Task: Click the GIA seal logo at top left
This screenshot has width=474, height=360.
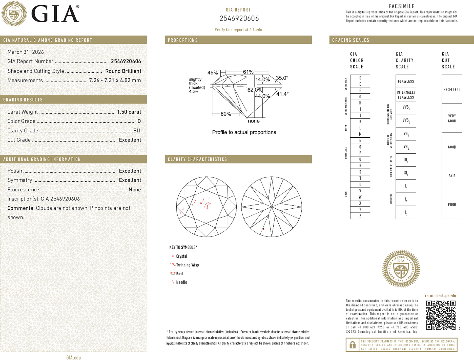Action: (14, 14)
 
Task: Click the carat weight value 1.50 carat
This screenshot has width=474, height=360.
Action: (129, 112)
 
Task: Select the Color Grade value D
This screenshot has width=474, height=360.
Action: (139, 121)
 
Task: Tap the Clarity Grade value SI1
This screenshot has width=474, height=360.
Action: (137, 131)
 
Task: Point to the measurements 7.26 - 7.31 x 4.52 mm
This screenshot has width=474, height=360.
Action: (115, 81)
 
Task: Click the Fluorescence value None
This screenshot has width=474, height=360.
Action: (135, 190)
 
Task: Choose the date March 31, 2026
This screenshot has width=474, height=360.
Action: (26, 52)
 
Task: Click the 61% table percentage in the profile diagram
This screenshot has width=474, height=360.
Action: (248, 72)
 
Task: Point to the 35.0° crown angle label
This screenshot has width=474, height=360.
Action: (282, 78)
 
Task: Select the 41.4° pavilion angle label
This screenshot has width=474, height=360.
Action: (282, 94)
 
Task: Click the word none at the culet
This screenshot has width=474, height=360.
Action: (254, 121)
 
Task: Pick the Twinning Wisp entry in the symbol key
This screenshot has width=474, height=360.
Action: (187, 265)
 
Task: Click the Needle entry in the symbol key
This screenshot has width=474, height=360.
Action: (181, 282)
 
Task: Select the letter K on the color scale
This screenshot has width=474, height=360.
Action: (360, 122)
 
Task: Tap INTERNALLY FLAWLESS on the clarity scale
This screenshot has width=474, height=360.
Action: (406, 95)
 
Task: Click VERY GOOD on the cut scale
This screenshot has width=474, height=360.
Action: (452, 118)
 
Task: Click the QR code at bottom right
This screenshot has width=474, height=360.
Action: (441, 315)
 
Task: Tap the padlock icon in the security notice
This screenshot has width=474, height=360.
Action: (352, 345)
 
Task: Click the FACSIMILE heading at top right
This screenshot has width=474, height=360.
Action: (402, 6)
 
